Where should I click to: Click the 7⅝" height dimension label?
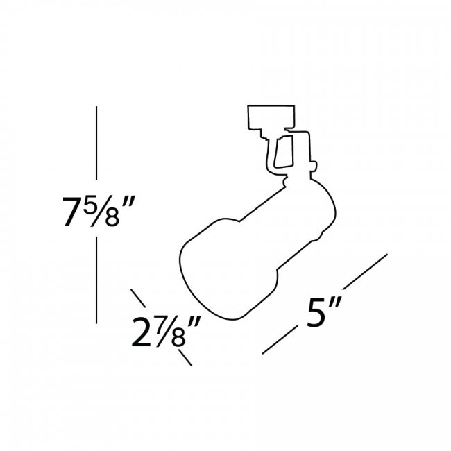tap(97, 213)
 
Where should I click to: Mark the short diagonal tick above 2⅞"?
tap(138, 299)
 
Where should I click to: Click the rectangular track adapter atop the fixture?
tap(272, 117)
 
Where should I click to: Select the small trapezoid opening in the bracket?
tap(283, 152)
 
